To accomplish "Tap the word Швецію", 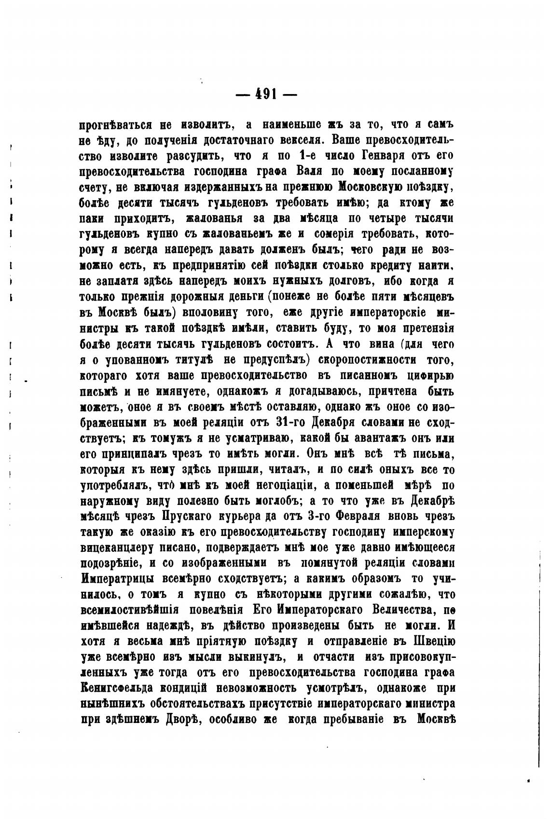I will [x=434, y=641].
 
